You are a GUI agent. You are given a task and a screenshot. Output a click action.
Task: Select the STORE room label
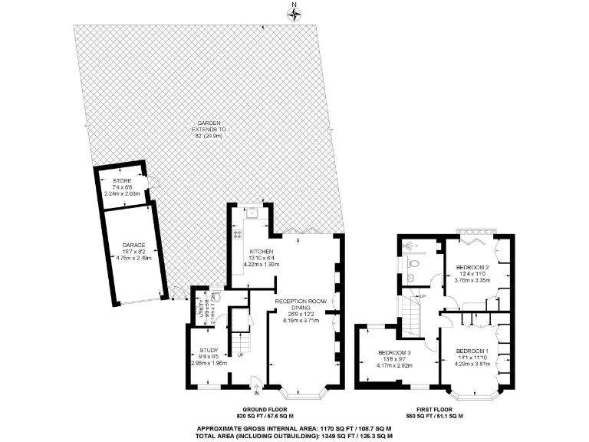click(x=122, y=180)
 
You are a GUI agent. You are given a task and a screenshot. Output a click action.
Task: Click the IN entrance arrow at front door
click(x=256, y=391)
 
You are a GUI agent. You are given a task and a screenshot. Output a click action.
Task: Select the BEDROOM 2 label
click(x=472, y=266)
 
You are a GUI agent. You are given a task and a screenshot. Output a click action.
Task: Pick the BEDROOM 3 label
click(x=396, y=353)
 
